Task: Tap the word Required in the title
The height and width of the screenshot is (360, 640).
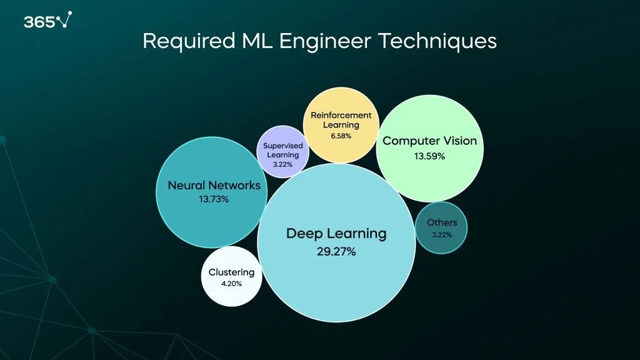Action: (179, 41)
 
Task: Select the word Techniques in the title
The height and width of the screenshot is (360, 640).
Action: (441, 41)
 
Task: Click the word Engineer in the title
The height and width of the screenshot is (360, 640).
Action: (326, 41)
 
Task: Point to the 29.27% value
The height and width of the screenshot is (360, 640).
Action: (336, 252)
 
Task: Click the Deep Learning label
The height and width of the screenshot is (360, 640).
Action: (336, 234)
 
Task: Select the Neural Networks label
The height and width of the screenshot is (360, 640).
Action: (214, 186)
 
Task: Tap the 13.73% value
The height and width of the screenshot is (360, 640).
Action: (214, 199)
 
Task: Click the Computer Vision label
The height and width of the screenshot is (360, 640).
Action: (429, 141)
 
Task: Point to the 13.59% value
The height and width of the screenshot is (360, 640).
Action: (429, 156)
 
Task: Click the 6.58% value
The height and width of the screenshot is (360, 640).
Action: (341, 136)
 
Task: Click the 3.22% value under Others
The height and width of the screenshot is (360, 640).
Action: (441, 235)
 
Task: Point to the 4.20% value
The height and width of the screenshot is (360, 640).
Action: (231, 283)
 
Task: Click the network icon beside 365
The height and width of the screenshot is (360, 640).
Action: (65, 20)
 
